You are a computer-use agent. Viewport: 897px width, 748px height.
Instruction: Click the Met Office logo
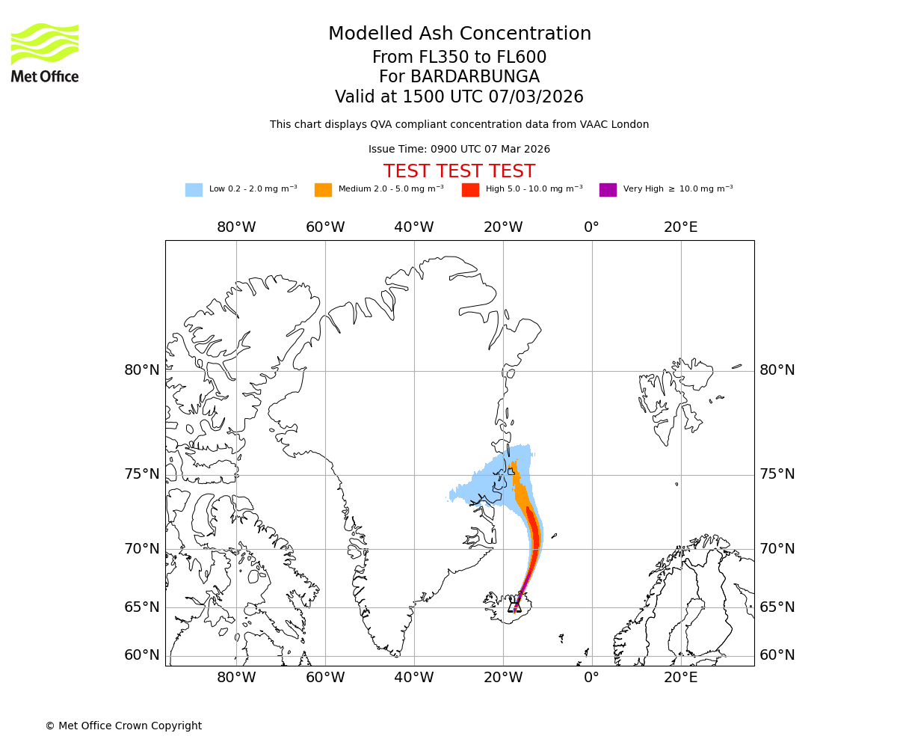(x=45, y=52)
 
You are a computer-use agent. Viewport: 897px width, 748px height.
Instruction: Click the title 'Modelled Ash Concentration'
(x=459, y=34)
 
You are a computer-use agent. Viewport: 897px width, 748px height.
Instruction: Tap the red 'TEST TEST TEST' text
(x=459, y=171)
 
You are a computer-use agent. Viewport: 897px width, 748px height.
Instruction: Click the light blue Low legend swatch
(x=194, y=189)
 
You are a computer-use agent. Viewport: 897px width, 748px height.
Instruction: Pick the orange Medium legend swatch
(x=323, y=189)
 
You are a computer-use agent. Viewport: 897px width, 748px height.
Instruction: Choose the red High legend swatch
(x=470, y=189)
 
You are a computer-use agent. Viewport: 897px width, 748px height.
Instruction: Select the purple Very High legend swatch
(x=608, y=189)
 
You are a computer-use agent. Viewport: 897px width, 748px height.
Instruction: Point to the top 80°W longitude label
(x=236, y=227)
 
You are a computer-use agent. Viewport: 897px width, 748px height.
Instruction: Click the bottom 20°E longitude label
(x=680, y=678)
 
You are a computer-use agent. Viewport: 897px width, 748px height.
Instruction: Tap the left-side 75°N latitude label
(x=142, y=474)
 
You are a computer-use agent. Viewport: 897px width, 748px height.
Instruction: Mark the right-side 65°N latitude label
(x=777, y=607)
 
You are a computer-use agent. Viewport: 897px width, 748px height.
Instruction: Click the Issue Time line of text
(x=459, y=150)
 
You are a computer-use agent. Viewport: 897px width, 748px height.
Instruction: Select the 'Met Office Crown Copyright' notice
(x=123, y=726)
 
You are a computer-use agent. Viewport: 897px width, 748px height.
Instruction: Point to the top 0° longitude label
(x=591, y=227)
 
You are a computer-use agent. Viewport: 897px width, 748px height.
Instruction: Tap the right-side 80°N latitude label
(x=777, y=370)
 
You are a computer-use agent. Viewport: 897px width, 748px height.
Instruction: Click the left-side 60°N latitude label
(x=142, y=655)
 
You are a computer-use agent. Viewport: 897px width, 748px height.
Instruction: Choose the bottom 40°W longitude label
(x=413, y=678)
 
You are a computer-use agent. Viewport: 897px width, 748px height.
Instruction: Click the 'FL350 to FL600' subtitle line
(x=459, y=58)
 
